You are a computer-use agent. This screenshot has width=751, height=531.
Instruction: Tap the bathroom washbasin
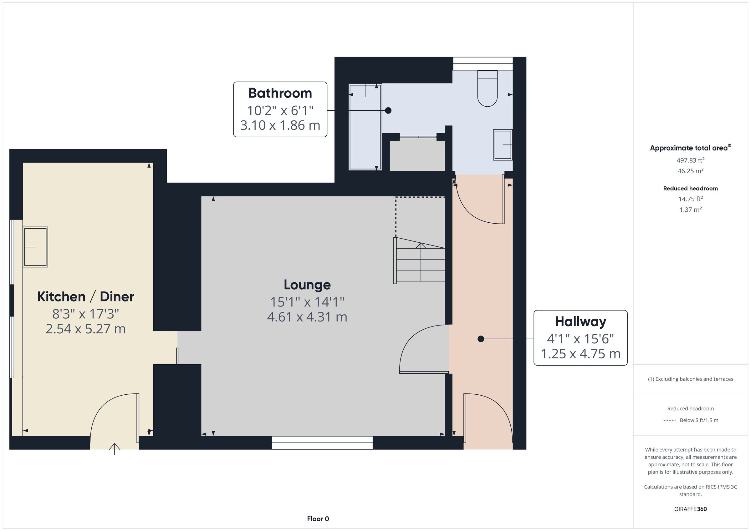tap(503, 145)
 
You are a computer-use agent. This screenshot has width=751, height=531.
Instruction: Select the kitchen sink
tap(35, 247)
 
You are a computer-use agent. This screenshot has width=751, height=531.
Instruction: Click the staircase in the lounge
tap(419, 260)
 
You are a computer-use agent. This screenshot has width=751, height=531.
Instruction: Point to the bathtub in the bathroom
tap(365, 127)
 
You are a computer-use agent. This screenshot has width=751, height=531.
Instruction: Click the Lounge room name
tap(307, 285)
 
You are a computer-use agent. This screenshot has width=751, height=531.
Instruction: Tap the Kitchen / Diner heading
tap(86, 296)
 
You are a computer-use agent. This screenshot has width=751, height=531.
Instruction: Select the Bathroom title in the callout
tap(280, 93)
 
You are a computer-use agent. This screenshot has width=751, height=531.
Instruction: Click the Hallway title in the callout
tap(580, 322)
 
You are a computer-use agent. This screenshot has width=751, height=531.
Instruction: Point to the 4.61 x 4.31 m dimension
tap(307, 317)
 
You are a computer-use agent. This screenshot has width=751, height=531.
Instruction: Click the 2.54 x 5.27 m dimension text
tap(86, 329)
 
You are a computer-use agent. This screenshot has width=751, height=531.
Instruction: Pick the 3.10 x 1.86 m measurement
tap(280, 125)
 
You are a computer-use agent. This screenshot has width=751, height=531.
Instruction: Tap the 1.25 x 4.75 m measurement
tap(580, 354)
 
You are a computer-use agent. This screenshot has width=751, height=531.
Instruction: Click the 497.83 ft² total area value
tap(691, 160)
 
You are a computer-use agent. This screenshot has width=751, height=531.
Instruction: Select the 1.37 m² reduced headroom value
tap(691, 210)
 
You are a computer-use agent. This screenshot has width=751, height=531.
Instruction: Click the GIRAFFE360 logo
tap(691, 509)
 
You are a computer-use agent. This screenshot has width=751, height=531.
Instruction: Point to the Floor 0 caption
tap(318, 519)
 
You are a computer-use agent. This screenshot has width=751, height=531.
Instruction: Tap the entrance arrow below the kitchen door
tap(115, 449)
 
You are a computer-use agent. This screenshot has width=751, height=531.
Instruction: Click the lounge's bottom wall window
tap(322, 443)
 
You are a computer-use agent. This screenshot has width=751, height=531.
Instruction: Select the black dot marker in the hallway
tap(481, 339)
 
